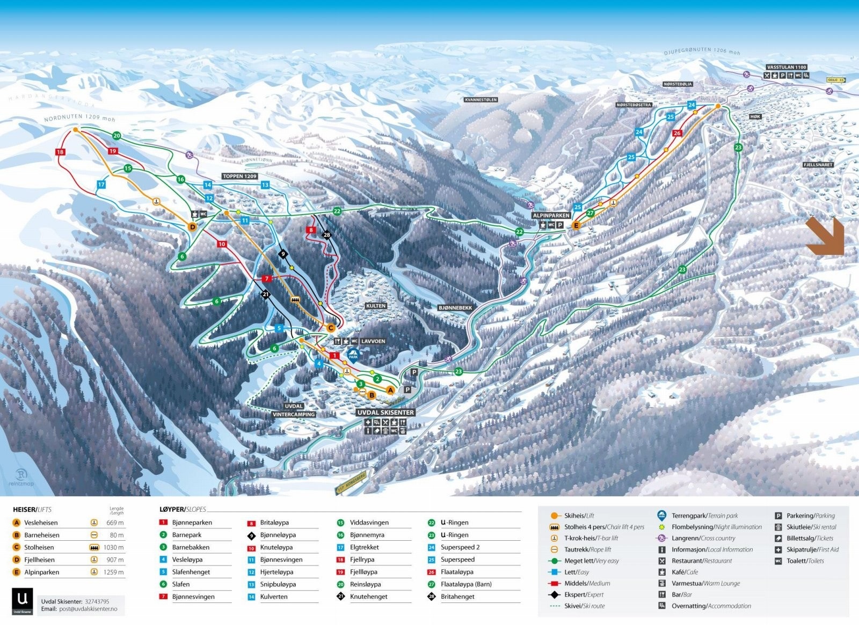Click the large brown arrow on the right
(825, 236)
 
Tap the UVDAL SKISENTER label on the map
(385, 413)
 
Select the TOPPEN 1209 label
(239, 176)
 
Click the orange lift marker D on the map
(193, 227)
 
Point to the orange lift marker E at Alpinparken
(576, 226)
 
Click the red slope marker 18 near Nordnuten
(60, 152)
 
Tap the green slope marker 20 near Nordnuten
(117, 136)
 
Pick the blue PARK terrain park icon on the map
(353, 354)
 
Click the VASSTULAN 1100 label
(787, 68)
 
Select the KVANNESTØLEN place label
(481, 100)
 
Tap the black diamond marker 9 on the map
(283, 254)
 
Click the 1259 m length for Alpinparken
(114, 572)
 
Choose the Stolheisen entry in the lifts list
(39, 547)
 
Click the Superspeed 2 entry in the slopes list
(460, 547)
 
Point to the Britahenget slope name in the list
(457, 597)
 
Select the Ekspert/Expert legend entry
(583, 594)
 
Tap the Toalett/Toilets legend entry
(805, 561)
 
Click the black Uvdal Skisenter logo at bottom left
(23, 601)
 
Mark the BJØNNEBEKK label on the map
(455, 308)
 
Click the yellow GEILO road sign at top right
(835, 80)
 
